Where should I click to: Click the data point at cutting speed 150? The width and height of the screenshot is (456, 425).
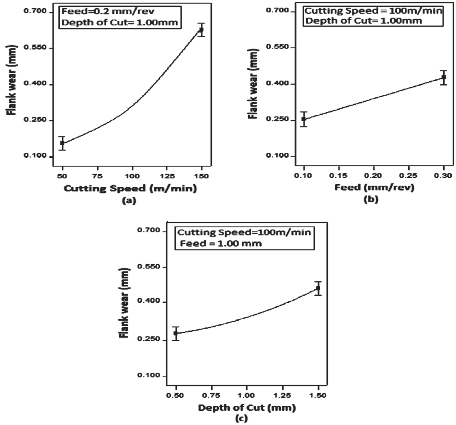(202, 30)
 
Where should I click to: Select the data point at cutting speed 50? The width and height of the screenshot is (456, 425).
(62, 143)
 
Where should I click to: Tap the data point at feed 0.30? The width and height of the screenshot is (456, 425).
(443, 77)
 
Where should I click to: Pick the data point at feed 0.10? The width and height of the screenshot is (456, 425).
(304, 119)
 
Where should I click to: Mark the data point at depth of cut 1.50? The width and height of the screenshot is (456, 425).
(318, 288)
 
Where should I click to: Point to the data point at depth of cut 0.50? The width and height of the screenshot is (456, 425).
(175, 333)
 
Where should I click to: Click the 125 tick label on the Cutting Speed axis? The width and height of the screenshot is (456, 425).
(167, 176)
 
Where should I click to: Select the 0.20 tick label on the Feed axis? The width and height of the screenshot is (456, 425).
(374, 176)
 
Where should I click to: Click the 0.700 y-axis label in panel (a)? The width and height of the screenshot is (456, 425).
(35, 11)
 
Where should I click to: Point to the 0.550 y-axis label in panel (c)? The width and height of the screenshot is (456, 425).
(148, 266)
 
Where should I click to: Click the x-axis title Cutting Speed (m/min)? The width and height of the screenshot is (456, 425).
(130, 188)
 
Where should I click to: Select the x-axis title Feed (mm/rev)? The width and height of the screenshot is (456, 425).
(374, 187)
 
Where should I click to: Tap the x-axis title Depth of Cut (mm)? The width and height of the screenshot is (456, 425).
(247, 408)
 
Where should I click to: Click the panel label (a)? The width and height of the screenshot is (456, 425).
(129, 201)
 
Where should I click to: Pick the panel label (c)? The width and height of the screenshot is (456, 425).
(241, 418)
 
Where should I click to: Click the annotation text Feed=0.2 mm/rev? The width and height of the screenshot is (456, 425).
(108, 12)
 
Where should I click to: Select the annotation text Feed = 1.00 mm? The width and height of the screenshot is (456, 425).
(221, 244)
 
